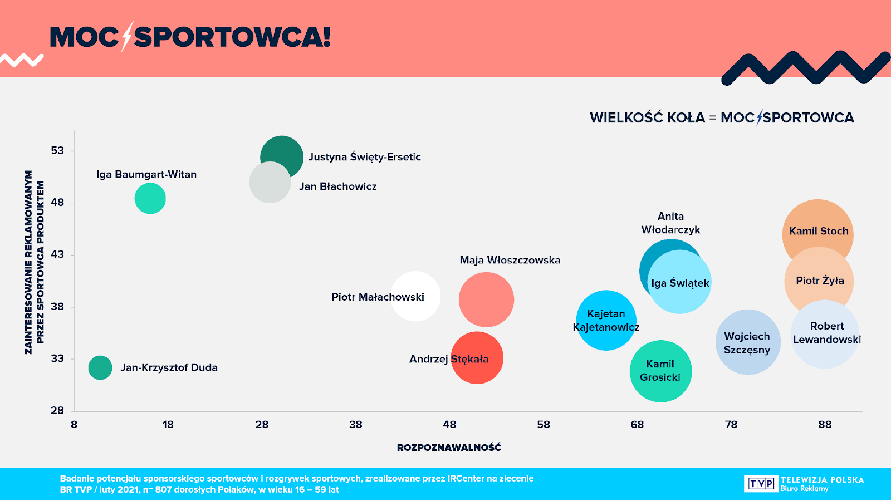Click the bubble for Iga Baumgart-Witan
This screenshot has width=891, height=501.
[150, 198]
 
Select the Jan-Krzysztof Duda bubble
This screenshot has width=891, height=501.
[100, 367]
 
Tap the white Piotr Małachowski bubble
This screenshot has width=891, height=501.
[415, 296]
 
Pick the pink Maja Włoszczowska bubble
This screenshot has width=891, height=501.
[486, 299]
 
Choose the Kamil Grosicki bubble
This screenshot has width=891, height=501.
[660, 371]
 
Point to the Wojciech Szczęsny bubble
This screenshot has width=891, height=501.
[747, 342]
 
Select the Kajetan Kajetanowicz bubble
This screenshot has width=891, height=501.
[606, 320]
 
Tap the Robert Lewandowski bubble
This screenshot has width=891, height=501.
[825, 334]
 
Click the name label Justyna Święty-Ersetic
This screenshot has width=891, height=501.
[365, 157]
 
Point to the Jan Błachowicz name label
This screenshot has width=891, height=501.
[338, 186]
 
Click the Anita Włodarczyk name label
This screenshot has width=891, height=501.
[670, 223]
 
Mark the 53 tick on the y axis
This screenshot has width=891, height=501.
[57, 150]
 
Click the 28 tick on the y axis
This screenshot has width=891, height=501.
[57, 410]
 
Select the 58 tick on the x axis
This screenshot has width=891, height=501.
[544, 424]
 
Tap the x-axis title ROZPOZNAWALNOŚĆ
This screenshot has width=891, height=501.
[449, 448]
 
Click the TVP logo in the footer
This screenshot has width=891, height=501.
[761, 483]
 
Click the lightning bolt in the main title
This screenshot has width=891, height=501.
[127, 37]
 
